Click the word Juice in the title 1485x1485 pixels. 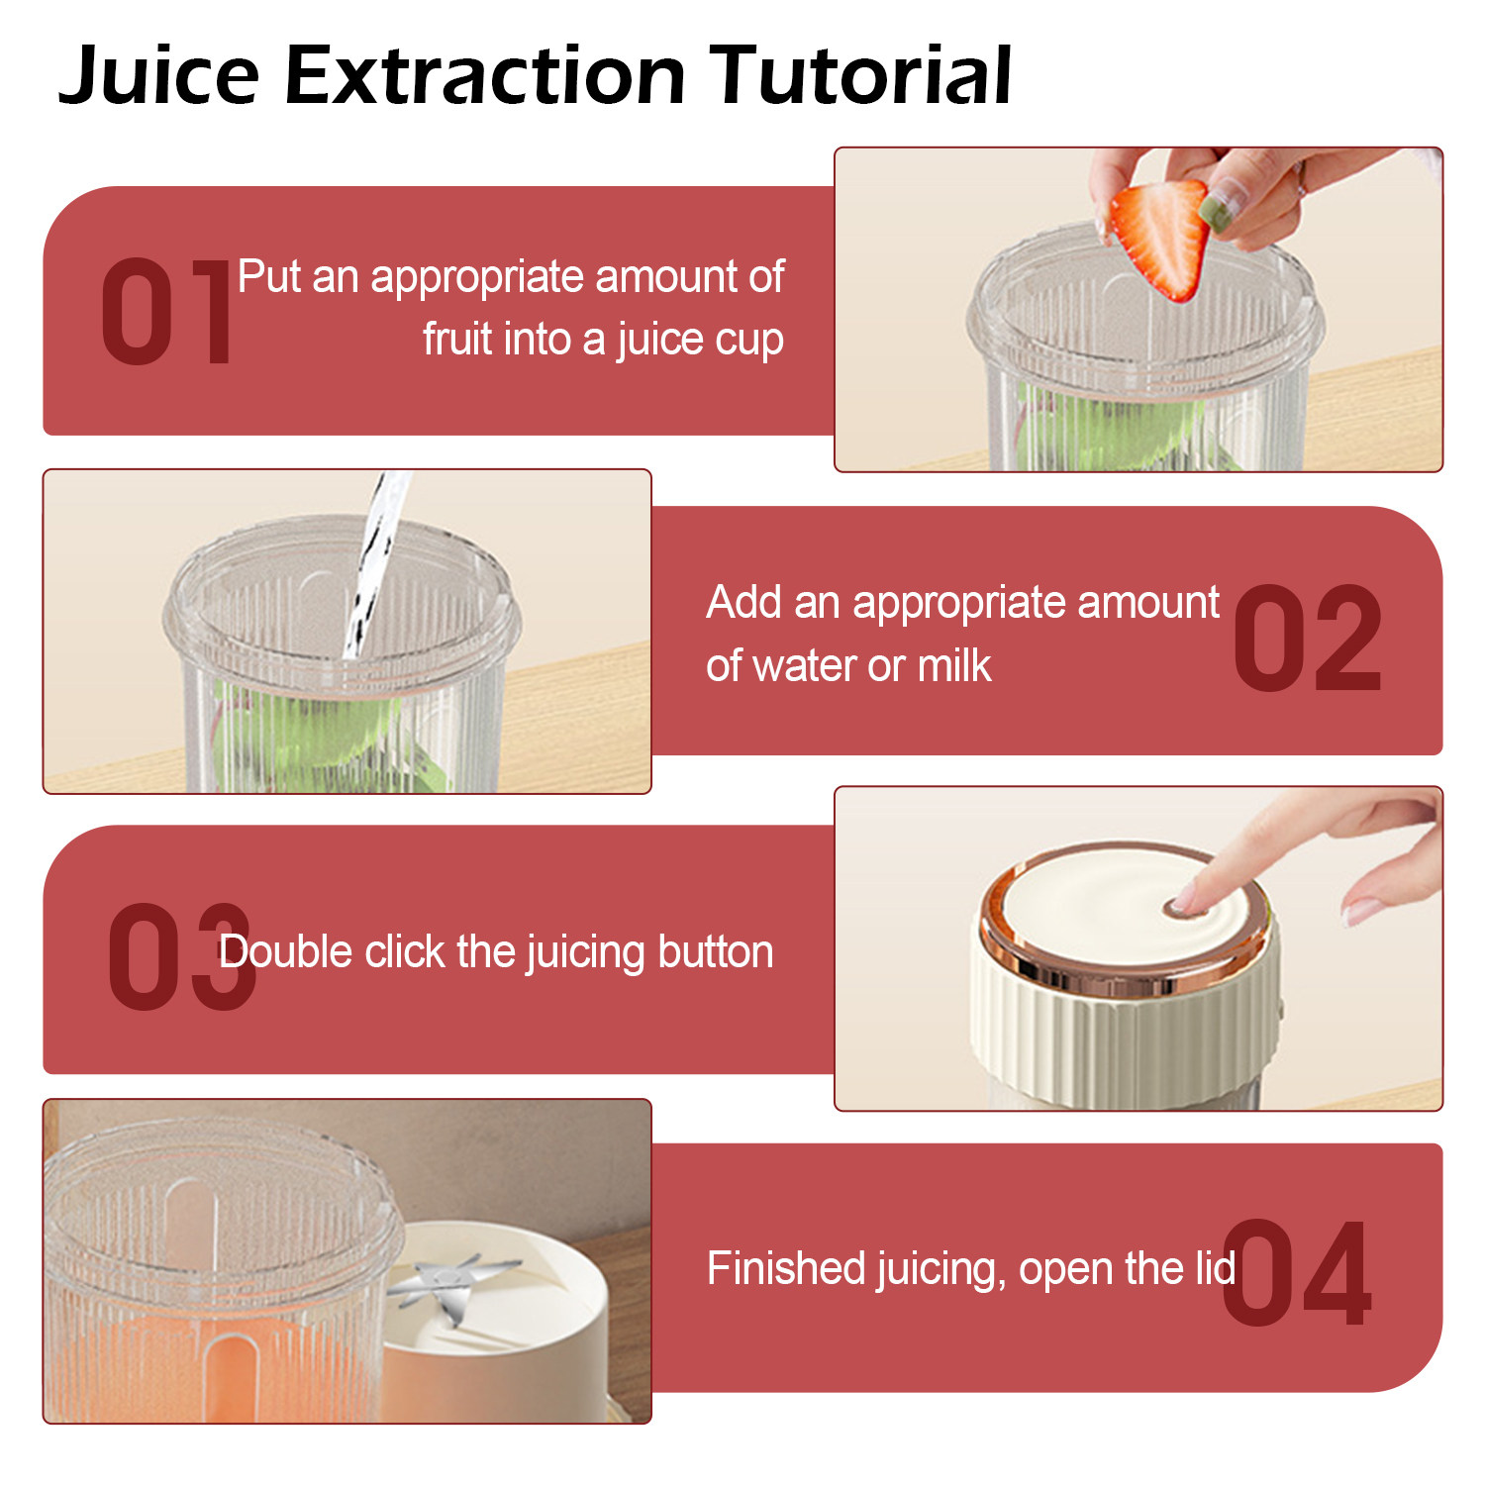(x=159, y=75)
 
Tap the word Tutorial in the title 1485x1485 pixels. (x=862, y=75)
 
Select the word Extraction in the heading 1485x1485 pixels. (x=485, y=75)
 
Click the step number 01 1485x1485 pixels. (x=166, y=312)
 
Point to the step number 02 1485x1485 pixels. (x=1307, y=639)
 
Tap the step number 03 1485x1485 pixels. (x=181, y=956)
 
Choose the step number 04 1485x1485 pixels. (x=1297, y=1272)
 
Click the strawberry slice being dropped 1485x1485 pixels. (x=1161, y=238)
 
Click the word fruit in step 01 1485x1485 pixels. (x=456, y=339)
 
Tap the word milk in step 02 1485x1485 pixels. (x=954, y=665)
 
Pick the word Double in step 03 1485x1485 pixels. (x=285, y=951)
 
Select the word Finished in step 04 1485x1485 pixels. (x=777, y=1268)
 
